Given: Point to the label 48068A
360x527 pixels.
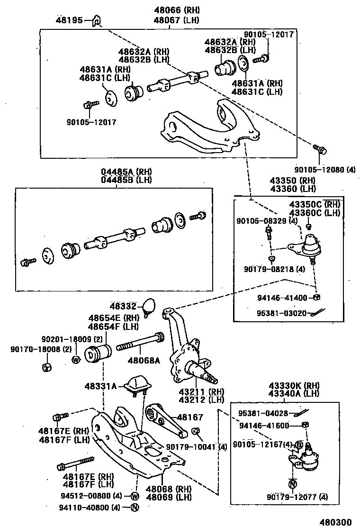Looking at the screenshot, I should (x=144, y=360).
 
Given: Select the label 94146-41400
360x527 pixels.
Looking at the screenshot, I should (x=282, y=298).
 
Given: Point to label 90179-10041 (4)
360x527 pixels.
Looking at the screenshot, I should (x=197, y=446).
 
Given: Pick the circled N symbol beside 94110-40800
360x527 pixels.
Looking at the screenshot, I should (x=134, y=508).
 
